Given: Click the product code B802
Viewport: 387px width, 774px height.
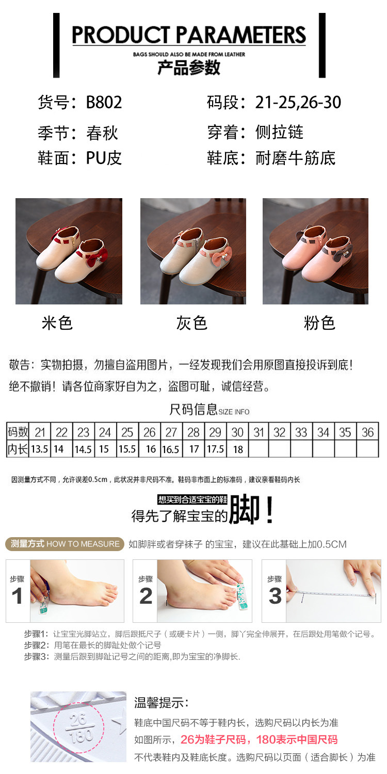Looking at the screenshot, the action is coord(104,102).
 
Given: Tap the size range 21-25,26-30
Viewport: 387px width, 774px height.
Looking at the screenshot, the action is coord(298,102).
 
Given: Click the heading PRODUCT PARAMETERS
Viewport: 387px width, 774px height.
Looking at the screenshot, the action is coord(189,35).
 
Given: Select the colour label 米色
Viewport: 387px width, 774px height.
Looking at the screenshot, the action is coord(57,323).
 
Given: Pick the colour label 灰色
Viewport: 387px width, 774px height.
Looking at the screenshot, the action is coord(192,323).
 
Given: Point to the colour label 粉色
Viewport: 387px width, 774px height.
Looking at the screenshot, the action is coord(319,323).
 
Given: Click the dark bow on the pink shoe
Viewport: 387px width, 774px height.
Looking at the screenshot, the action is coord(343,251).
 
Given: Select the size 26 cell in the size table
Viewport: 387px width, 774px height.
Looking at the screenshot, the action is coord(150,432).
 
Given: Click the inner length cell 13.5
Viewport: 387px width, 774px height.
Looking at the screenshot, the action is coord(39,449).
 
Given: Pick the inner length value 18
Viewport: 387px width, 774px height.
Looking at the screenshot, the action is coord(238,449).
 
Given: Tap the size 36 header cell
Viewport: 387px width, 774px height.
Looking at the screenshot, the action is coord(367,432).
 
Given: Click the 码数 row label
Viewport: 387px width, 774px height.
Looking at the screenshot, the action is coord(18,432).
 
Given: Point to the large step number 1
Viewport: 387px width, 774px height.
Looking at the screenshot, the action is coord(17,596).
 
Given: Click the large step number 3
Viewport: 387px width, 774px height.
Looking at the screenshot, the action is coord(275,596).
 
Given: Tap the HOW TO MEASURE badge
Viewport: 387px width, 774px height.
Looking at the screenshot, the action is coord(64,544).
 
